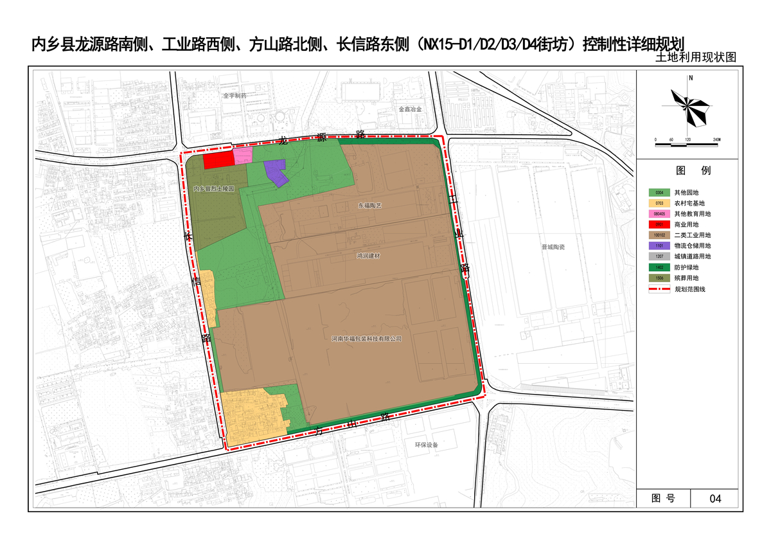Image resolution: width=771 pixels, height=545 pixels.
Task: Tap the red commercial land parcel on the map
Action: (218, 159)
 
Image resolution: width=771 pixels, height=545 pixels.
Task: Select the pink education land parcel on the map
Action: (242, 156)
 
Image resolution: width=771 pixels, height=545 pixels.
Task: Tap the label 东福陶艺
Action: (369, 206)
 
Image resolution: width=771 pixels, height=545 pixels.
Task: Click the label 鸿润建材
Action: (368, 256)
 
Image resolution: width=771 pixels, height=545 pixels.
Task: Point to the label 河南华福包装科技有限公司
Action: (366, 339)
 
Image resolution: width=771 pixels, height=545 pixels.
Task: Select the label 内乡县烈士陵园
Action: (214, 189)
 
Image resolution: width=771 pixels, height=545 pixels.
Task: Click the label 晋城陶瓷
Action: (552, 246)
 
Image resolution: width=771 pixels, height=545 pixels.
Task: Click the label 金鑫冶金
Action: (409, 109)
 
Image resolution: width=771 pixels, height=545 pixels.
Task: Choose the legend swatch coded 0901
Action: (659, 224)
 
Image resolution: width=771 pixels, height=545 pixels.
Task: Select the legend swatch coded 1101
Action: (659, 246)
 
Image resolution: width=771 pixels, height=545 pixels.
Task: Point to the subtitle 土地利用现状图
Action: (696, 57)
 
